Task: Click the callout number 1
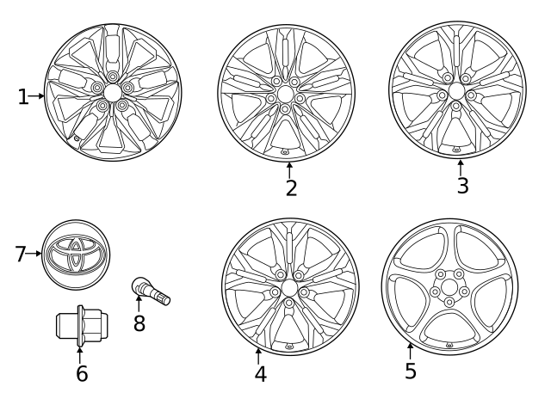point(23,97)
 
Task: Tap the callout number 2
point(291,187)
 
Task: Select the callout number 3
point(462,186)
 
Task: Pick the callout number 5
point(411,371)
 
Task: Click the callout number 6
point(82,373)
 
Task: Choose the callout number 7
point(21,254)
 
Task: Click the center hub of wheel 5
point(449,287)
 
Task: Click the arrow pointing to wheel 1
point(38,97)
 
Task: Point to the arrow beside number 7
point(34,254)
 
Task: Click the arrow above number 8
point(139,304)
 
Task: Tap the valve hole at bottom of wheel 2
point(285,151)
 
